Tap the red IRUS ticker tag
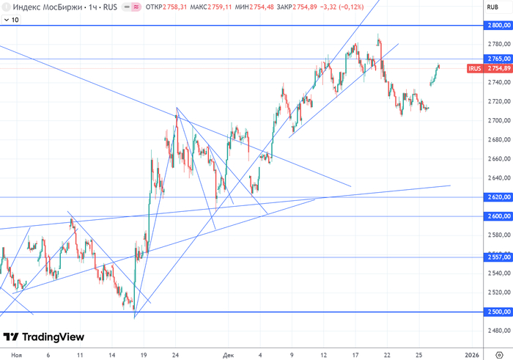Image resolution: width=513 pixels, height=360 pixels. [475, 68]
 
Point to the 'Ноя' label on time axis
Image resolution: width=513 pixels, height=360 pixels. [16, 354]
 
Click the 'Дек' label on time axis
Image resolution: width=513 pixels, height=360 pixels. [229, 354]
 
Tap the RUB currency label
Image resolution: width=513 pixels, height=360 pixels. [492, 7]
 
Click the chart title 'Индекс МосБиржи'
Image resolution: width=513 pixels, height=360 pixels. [43, 7]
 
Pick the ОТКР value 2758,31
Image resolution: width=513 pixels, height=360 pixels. [173, 7]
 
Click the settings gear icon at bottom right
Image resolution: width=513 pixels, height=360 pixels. [499, 354]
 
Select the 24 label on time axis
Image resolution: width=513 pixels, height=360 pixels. [176, 354]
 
